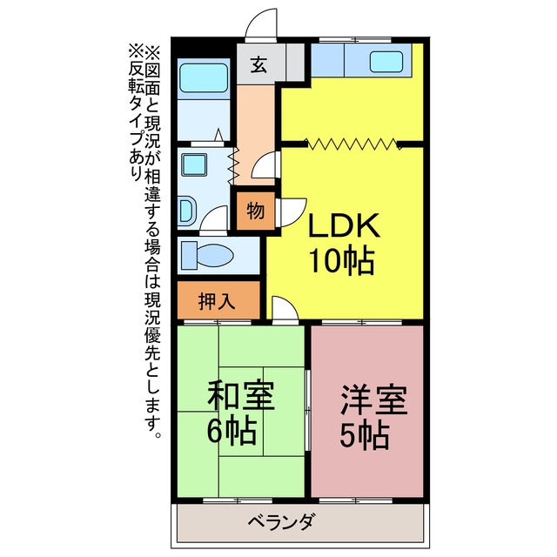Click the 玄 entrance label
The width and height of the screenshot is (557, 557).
pyautogui.click(x=258, y=64)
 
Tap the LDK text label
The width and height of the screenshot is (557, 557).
pyautogui.click(x=345, y=225)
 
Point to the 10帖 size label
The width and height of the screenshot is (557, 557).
pyautogui.click(x=342, y=260)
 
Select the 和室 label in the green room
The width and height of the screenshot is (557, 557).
pyautogui.click(x=241, y=395)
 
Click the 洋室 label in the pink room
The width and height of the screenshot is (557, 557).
pyautogui.click(x=373, y=399)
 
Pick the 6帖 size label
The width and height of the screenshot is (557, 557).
pyautogui.click(x=232, y=431)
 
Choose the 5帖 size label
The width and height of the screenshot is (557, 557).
pyautogui.click(x=365, y=435)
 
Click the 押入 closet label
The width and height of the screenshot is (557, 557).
pyautogui.click(x=217, y=301)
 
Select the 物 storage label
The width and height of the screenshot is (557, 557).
pyautogui.click(x=256, y=211)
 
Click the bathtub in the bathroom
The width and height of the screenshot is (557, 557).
pyautogui.click(x=204, y=78)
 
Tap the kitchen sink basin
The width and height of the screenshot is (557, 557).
pyautogui.click(x=386, y=62)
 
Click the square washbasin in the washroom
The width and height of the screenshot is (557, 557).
pyautogui.click(x=194, y=164)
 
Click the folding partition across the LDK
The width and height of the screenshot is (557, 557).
pyautogui.click(x=352, y=144)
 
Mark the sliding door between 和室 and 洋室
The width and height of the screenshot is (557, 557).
pyautogui.click(x=308, y=411)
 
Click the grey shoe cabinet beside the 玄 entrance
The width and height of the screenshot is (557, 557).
pyautogui.click(x=295, y=62)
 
